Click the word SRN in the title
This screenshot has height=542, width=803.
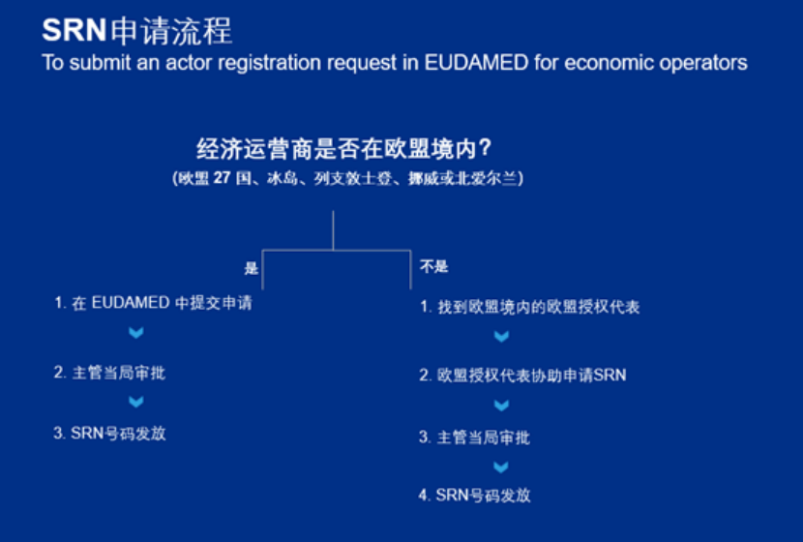(x=74, y=30)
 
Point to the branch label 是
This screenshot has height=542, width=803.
(x=252, y=268)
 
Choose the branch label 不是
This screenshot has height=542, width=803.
(x=434, y=266)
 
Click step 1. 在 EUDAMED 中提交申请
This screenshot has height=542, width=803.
(x=153, y=303)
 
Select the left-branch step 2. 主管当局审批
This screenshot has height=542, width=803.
(x=109, y=372)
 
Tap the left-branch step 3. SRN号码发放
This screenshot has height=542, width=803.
(x=109, y=434)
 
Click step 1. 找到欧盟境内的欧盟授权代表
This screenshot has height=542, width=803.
(x=529, y=307)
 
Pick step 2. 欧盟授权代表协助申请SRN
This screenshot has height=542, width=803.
(x=522, y=375)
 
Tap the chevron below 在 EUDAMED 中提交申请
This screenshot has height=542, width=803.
(x=136, y=334)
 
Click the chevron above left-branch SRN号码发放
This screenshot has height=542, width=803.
(x=136, y=402)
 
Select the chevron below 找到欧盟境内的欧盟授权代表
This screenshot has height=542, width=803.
(x=501, y=337)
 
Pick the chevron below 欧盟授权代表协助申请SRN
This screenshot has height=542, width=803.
(x=501, y=406)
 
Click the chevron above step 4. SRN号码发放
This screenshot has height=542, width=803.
(x=501, y=467)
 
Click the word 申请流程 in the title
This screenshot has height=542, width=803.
(x=171, y=30)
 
